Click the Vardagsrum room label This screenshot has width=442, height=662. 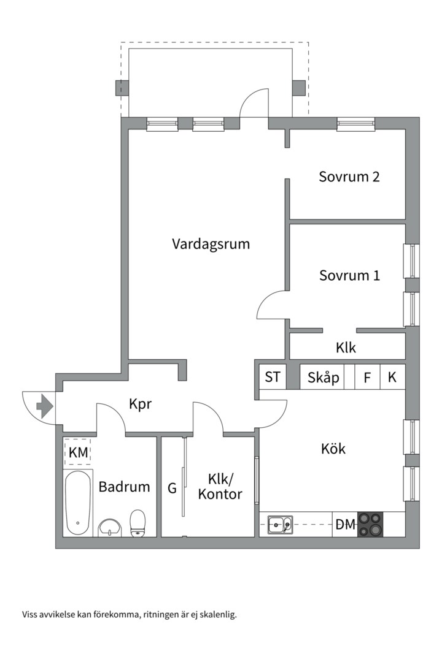[211, 244]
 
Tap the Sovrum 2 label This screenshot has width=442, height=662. [349, 177]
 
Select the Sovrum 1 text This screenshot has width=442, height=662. [349, 276]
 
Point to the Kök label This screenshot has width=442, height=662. [333, 449]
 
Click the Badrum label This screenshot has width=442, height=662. [124, 487]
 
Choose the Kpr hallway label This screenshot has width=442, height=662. [140, 405]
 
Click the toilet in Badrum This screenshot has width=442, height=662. [138, 522]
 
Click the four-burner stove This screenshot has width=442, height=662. [370, 524]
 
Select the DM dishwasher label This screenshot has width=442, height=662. [345, 525]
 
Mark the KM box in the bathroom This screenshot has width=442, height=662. [78, 453]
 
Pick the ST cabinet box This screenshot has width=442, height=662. [272, 377]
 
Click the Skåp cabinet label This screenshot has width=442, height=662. [323, 378]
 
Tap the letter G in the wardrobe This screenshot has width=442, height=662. [172, 489]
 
